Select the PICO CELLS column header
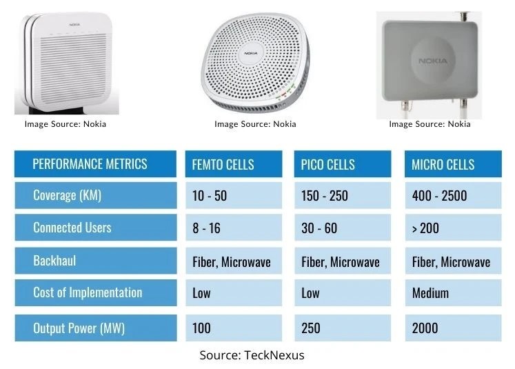pos(343,164)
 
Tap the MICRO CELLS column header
pos(453,164)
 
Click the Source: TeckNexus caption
pos(252,355)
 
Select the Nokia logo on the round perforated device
pos(254,52)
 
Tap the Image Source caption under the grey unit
pos(430,124)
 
